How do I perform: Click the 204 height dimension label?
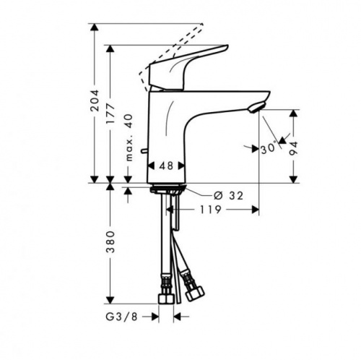coord(95,100)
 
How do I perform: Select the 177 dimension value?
coord(110,113)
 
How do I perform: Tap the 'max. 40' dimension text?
coord(129,137)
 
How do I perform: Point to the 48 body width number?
coord(166,166)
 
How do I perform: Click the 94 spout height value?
coord(294,149)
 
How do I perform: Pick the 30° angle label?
coord(269,148)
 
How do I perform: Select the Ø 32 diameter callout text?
coord(228,196)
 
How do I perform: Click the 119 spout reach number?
coord(210,210)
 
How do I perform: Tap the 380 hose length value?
coord(110,241)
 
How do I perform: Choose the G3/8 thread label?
coord(121,317)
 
